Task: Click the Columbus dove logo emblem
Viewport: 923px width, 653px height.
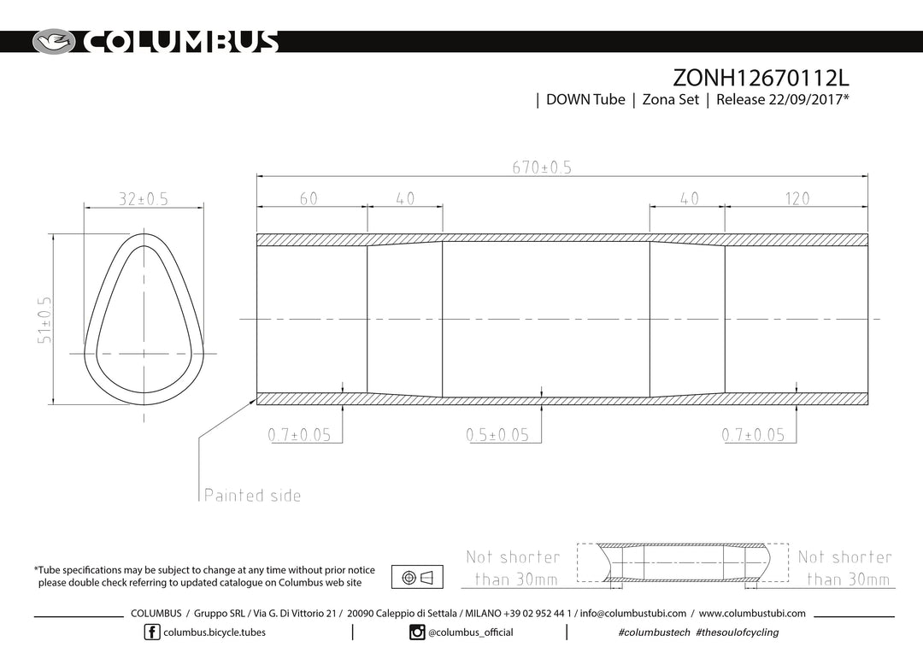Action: point(54,42)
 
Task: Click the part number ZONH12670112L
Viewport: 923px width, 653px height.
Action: point(761,78)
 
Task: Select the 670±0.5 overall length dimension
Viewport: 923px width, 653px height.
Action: point(542,168)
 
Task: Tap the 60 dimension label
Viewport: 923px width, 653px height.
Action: point(309,198)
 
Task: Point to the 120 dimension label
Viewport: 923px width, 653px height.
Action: point(797,198)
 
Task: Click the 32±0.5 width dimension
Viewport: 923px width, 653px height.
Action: point(144,199)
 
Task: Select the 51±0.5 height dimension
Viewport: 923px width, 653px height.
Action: point(44,319)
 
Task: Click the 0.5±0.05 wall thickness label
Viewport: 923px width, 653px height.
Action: point(497,435)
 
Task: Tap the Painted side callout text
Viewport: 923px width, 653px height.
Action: point(252,495)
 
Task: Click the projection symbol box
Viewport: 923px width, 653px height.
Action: point(417,577)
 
